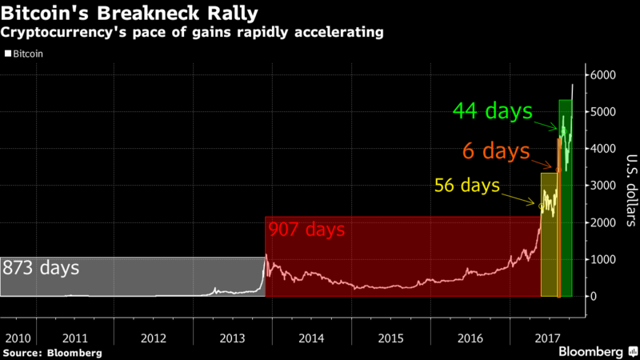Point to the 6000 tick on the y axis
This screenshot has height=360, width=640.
(602, 75)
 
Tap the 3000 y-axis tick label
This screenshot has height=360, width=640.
(602, 186)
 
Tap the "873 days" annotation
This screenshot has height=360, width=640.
(41, 268)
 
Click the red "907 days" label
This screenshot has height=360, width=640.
(306, 230)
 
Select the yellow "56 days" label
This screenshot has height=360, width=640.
(467, 186)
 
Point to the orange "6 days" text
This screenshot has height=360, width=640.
(496, 150)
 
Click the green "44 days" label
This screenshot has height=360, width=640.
(493, 111)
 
